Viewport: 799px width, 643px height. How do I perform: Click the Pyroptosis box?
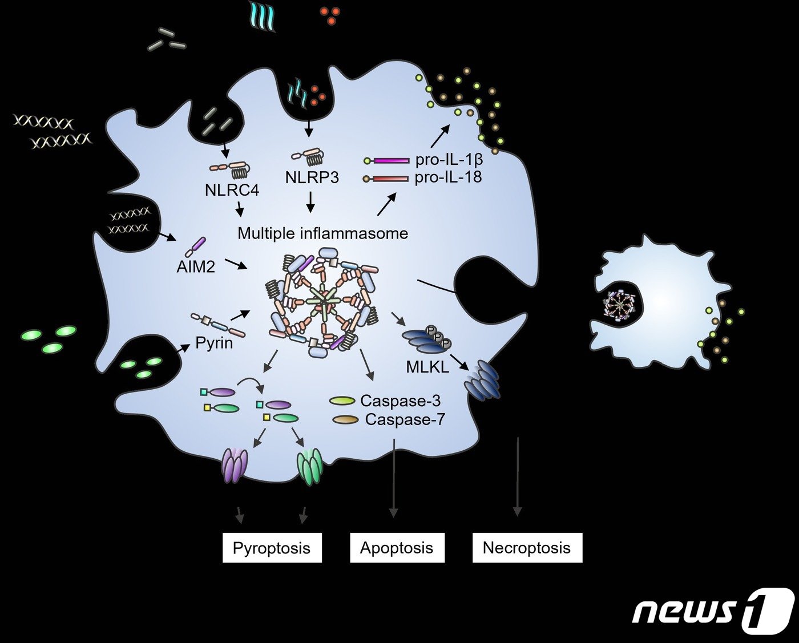point(272,548)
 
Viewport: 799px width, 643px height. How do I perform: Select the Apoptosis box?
point(397,548)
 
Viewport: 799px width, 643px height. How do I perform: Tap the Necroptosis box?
point(527,548)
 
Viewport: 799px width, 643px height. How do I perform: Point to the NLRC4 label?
point(232,190)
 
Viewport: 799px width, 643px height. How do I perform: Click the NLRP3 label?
point(312,177)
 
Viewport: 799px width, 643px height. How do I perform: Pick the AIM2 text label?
point(196,266)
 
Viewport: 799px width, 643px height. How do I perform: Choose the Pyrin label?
point(214,343)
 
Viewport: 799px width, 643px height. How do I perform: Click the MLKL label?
point(427,367)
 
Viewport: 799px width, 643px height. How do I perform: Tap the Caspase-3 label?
point(400,401)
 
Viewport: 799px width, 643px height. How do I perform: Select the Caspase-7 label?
point(405,420)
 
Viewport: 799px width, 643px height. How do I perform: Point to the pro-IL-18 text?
point(448,177)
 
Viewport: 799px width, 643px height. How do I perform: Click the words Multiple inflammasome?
point(322,233)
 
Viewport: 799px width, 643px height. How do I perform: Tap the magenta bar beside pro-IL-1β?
point(392,161)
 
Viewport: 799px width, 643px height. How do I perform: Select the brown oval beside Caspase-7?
point(345,420)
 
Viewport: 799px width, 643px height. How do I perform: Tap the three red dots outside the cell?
point(330,15)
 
